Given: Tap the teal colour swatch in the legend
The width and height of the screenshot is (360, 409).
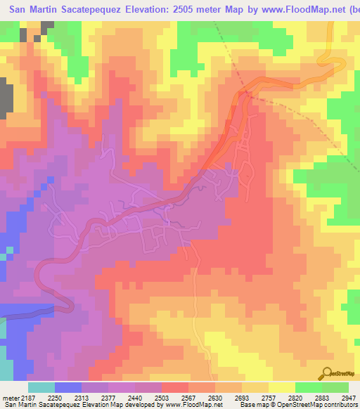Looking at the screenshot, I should (41, 387).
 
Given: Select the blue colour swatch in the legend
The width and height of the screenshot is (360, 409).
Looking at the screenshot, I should (68, 387).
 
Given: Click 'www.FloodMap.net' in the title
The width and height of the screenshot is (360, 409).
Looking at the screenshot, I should (290, 10).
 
